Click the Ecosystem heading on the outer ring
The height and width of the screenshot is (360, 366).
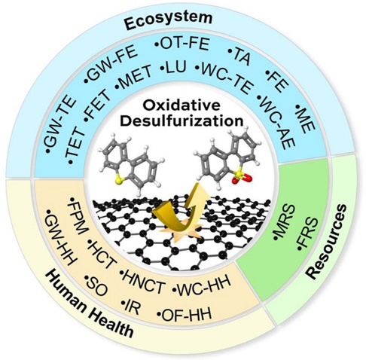[x=169, y=20]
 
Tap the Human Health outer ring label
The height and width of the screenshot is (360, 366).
[x=88, y=306]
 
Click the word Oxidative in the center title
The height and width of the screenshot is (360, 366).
[x=181, y=105]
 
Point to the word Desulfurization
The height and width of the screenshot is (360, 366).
[x=182, y=121]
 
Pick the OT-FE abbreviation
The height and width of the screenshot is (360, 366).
[x=182, y=44]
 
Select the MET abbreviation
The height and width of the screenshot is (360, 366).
[x=133, y=77]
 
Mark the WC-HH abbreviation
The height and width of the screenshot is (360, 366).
[x=202, y=285]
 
